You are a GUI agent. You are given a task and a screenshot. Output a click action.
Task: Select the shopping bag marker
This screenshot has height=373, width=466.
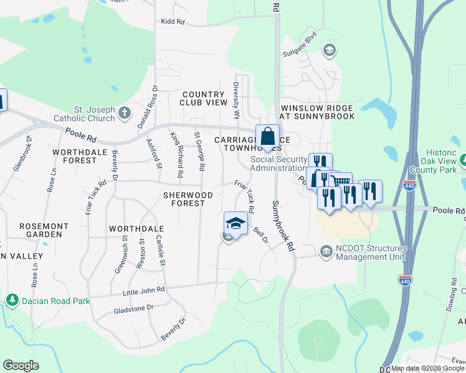(x=267, y=137)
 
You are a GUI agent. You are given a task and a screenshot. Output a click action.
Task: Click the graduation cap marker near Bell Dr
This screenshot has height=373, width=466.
(x=235, y=224)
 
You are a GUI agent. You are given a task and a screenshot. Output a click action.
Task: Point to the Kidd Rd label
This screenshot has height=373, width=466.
(x=173, y=22)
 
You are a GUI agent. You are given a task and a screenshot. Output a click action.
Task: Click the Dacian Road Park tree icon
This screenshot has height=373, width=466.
(x=12, y=300)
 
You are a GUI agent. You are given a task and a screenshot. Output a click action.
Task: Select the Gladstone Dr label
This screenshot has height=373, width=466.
(x=133, y=308)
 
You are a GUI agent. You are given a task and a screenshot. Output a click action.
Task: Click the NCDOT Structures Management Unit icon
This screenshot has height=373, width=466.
(x=326, y=251)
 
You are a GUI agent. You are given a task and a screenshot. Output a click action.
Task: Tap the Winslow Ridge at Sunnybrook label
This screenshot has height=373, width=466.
(x=316, y=112)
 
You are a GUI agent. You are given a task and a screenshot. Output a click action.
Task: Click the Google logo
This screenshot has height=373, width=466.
(x=21, y=366)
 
